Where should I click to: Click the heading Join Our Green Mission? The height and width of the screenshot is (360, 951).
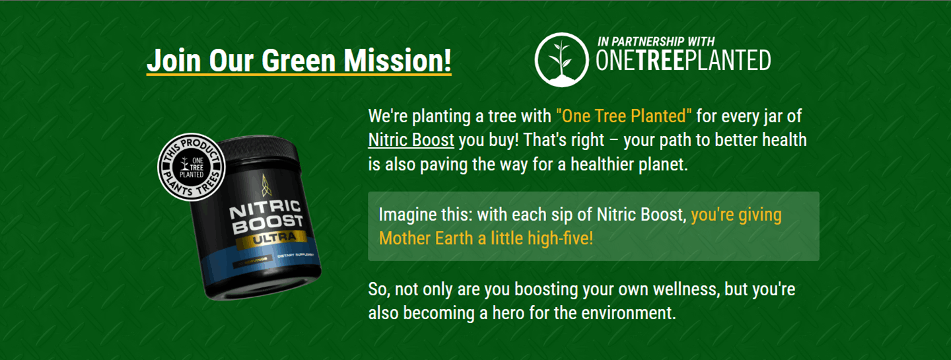click(x=299, y=61)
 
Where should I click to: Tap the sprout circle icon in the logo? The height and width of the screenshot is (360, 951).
click(x=561, y=60)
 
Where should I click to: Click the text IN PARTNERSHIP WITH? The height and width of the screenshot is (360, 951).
click(x=655, y=42)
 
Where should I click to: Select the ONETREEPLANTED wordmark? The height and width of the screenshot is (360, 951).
click(x=683, y=61)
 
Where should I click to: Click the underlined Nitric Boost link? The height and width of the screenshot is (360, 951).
click(x=411, y=140)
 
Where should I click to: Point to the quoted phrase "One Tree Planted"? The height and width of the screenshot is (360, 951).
click(x=623, y=116)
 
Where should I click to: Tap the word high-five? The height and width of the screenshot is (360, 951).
click(x=560, y=238)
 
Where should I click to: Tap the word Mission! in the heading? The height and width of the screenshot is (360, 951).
click(x=399, y=61)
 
